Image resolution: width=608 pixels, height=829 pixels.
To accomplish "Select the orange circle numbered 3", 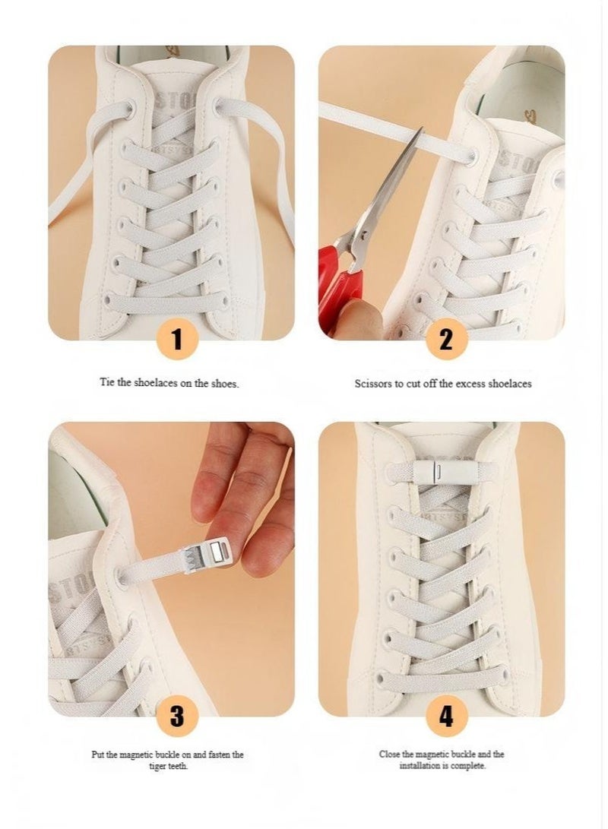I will point(177,716).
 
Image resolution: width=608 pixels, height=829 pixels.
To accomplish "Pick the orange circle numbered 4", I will point(446,716).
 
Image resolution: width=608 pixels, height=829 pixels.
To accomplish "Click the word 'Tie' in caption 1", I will point(107,383).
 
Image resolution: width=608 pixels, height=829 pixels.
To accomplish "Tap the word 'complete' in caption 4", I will point(468,765).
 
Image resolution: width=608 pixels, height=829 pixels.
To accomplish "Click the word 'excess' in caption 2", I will point(476,384).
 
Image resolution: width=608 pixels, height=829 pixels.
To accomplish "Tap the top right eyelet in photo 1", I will point(220,107).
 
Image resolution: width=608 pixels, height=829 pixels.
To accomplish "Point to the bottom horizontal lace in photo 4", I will point(441,676).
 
